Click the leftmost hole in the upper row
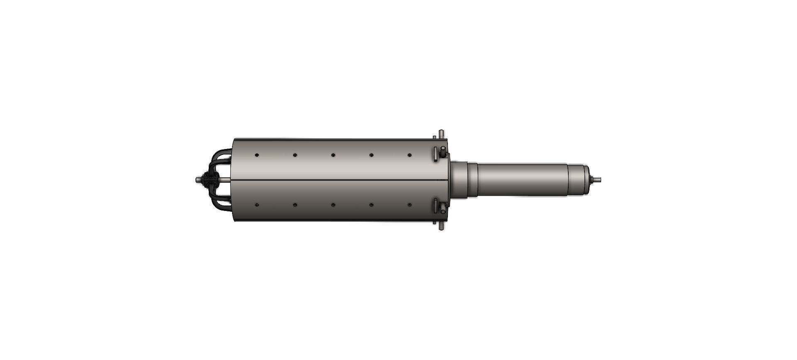(257, 155)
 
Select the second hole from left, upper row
(295, 155)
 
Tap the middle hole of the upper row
(333, 155)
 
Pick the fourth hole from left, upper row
(372, 155)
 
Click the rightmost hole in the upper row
(410, 155)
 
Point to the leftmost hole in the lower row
(257, 205)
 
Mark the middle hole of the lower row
(333, 205)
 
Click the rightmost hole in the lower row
(410, 205)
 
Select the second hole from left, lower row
(295, 205)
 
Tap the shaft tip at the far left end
(197, 180)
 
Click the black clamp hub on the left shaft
(210, 180)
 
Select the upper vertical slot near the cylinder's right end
(435, 153)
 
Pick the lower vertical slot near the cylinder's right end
(435, 206)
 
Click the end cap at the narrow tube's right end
(586, 180)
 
